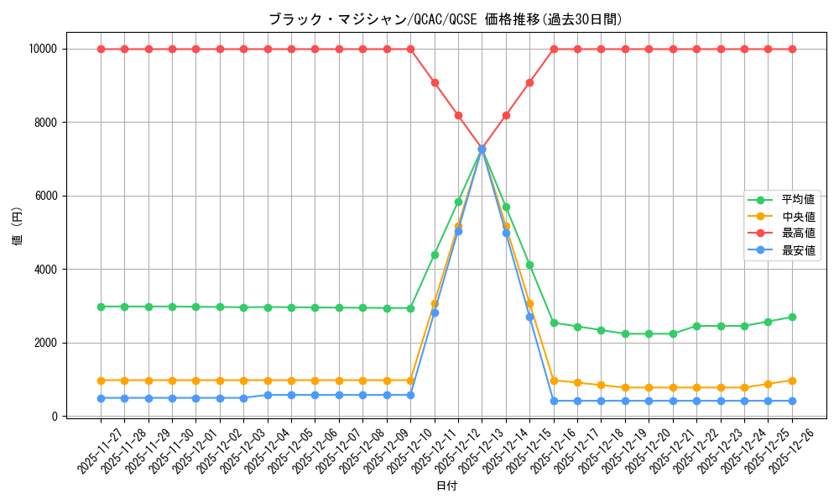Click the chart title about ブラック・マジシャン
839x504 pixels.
[x=446, y=19]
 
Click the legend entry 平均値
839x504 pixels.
[x=798, y=200]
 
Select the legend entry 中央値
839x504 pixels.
[x=798, y=217]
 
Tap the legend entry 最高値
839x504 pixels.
[x=798, y=234]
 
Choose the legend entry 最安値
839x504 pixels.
[x=798, y=250]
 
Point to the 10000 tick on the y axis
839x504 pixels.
[x=41, y=49]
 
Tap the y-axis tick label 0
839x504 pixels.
[x=54, y=417]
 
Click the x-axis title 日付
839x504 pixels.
[x=446, y=486]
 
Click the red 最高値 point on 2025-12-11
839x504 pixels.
[x=435, y=82]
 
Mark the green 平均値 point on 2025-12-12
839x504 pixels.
[x=458, y=202]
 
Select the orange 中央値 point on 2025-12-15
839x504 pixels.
[x=529, y=303]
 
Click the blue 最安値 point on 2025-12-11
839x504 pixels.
[x=435, y=312]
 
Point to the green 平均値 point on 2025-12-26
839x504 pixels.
[x=792, y=317]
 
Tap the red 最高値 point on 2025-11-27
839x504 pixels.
[x=101, y=49]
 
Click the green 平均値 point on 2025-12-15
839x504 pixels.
[x=529, y=265]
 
